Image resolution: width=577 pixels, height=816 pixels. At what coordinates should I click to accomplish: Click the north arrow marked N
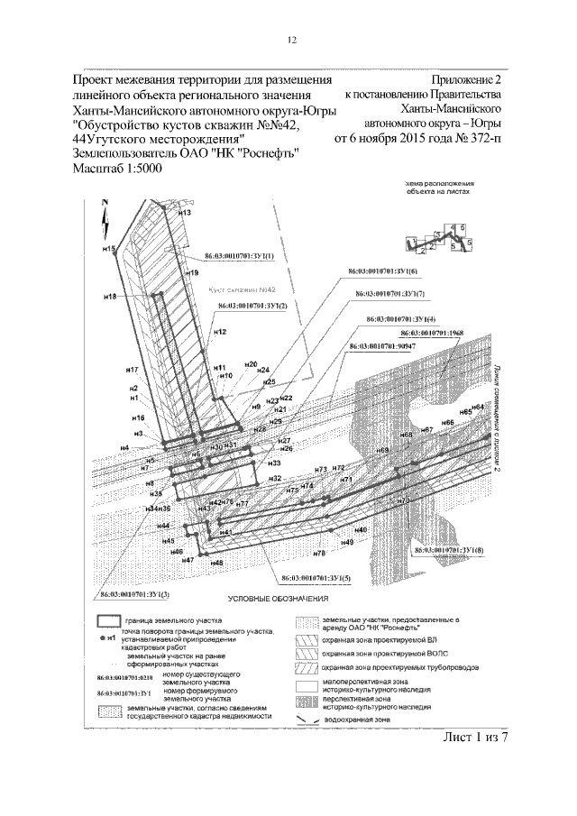coord(106,213)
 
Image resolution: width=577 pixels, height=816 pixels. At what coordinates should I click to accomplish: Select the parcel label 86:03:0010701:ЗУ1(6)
coord(384,271)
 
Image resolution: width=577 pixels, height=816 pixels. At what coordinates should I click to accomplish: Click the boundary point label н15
coord(109,248)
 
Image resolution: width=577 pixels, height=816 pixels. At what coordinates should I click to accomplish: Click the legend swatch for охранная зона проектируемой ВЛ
coord(308,638)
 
